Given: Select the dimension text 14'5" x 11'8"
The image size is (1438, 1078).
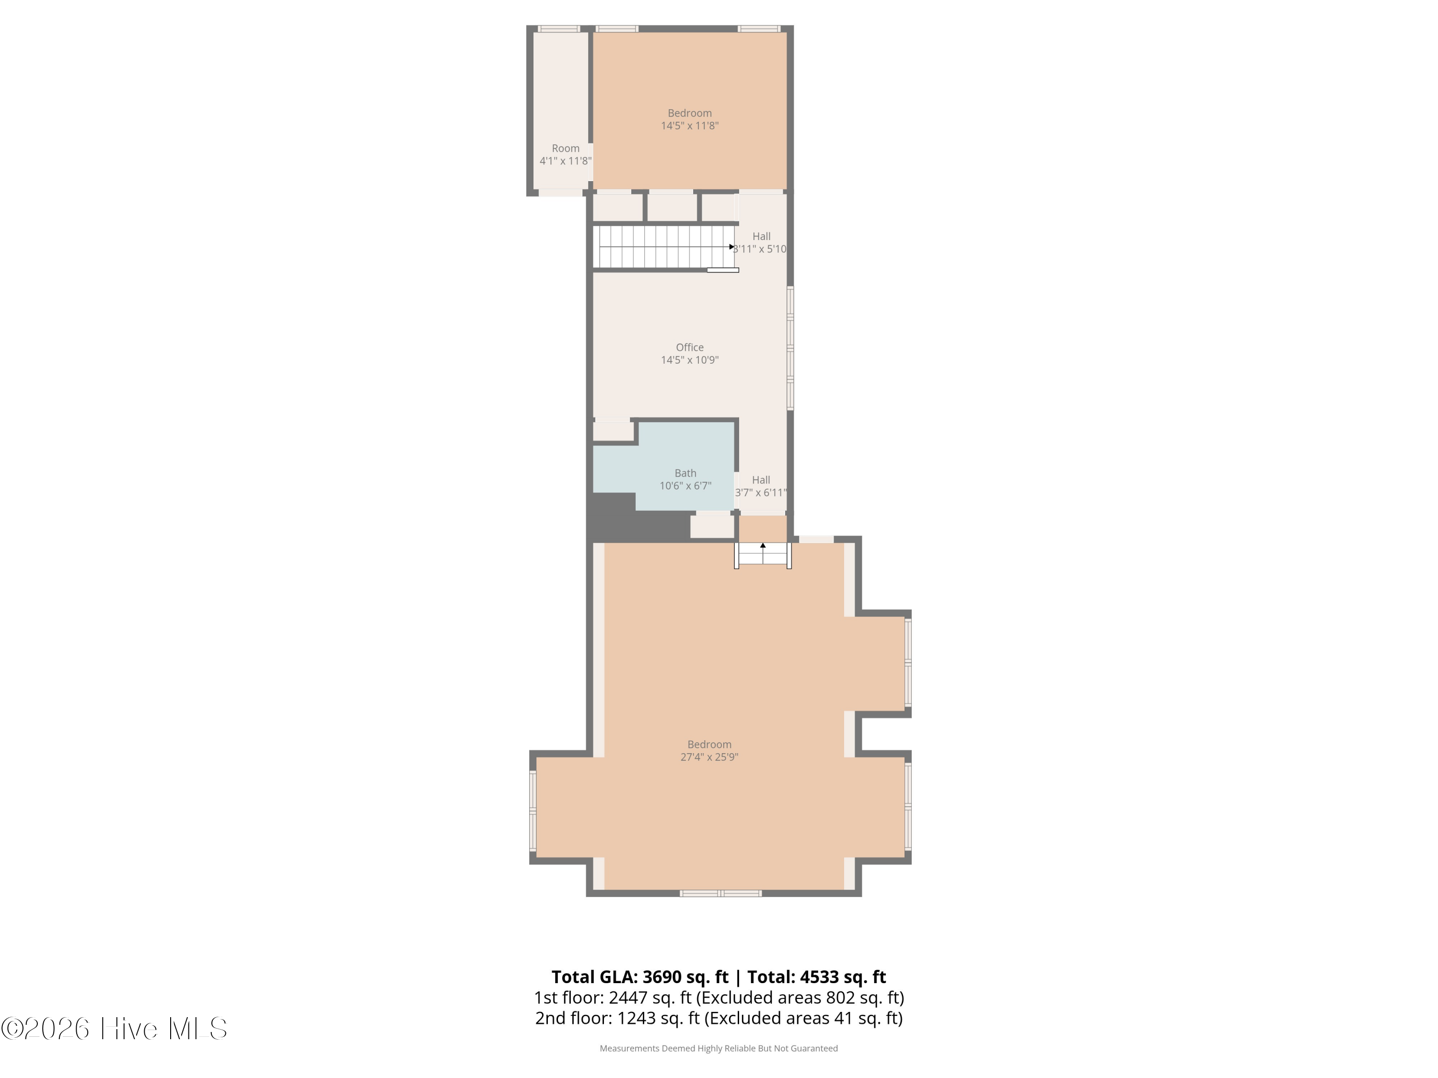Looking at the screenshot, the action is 690,126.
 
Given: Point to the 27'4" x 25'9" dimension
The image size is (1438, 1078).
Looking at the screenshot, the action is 709,757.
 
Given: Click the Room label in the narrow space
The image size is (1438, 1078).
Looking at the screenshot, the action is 566,148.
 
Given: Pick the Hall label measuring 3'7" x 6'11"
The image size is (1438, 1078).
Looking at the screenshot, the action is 761,480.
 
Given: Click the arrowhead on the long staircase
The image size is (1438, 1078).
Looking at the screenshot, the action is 732,247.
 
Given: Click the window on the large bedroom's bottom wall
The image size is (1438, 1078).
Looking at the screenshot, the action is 720,894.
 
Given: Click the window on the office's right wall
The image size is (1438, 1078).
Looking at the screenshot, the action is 790,348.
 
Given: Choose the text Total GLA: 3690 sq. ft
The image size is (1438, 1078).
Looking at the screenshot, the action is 640,976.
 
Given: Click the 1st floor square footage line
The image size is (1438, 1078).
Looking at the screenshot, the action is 719,998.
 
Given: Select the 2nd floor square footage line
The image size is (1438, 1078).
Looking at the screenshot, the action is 719,1018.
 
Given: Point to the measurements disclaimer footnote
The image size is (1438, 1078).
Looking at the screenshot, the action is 719,1048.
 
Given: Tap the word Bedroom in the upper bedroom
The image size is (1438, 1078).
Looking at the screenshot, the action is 690,113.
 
